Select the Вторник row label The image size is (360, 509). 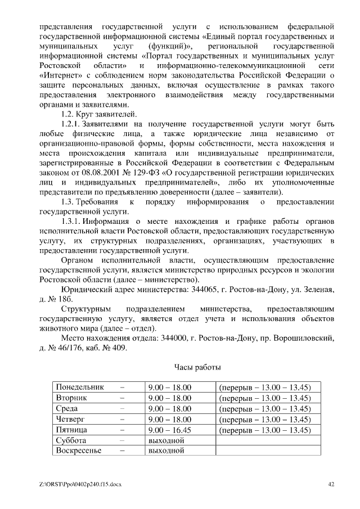pyautogui.click(x=71, y=398)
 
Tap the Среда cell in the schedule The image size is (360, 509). pyautogui.click(x=67, y=409)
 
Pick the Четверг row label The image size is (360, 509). pyautogui.click(x=70, y=420)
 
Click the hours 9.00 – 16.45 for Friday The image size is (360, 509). pyautogui.click(x=169, y=430)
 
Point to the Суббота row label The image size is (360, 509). pyautogui.click(x=71, y=440)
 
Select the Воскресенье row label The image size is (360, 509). pyautogui.click(x=78, y=451)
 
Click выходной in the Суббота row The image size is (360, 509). pyautogui.click(x=166, y=440)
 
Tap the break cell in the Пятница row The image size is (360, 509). pyautogui.click(x=264, y=430)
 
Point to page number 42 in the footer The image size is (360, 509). pyautogui.click(x=331, y=484)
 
